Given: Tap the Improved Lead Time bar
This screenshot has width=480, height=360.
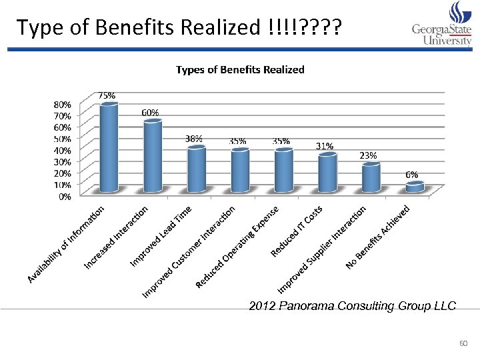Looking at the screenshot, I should (x=196, y=169).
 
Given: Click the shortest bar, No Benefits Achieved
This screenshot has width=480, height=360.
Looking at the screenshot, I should (x=415, y=187).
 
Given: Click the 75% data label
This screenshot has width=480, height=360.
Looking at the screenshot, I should (x=107, y=95).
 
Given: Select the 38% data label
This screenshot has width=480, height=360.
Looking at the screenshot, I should (x=193, y=139).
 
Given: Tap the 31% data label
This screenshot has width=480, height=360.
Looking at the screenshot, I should (x=325, y=145).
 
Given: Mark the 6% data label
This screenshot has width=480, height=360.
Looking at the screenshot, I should (x=412, y=174).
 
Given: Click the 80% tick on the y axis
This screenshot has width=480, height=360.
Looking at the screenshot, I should (x=63, y=105).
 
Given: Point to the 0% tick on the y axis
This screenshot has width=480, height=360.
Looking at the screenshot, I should (x=65, y=197).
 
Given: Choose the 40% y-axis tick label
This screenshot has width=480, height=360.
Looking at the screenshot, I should (x=63, y=150).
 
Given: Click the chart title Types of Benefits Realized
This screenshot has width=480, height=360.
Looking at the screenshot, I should (x=240, y=69).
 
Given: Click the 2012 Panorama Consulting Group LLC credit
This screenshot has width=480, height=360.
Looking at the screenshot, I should (x=352, y=306).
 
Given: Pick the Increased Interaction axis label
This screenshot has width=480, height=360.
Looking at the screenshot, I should (x=117, y=239).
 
